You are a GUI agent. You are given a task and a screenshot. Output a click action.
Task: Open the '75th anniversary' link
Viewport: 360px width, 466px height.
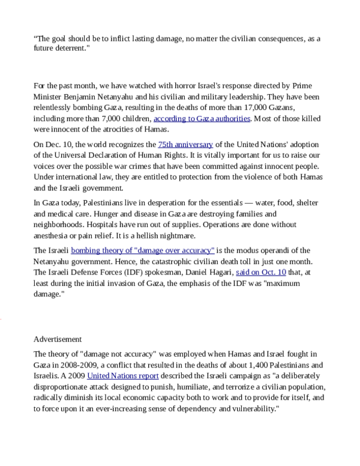(185, 145)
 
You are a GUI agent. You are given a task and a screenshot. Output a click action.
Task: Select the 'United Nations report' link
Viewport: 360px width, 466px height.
(123, 375)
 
